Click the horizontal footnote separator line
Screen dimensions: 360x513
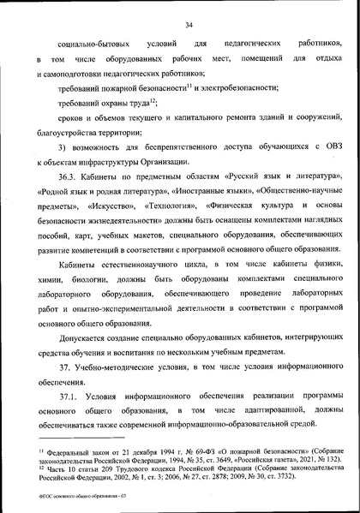tap(78, 443)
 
